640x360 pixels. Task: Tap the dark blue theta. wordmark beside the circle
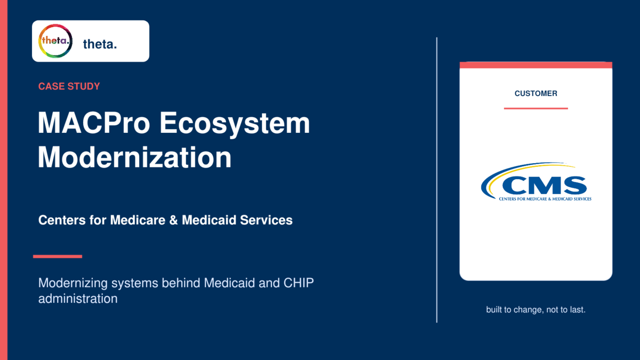100,44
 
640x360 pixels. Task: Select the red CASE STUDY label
69,86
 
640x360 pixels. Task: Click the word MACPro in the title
94,123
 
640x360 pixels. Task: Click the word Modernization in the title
134,157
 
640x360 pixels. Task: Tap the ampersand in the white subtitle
173,220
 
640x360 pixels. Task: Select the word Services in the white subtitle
266,220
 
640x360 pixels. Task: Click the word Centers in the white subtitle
62,220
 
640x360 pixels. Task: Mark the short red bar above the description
58,257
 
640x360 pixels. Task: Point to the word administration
78,299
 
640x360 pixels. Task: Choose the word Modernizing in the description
73,283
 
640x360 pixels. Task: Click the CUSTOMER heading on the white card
535,93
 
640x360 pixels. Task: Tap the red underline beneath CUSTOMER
535,109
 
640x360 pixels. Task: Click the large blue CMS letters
545,185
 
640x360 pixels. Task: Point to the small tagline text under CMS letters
545,199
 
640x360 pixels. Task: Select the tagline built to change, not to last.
535,310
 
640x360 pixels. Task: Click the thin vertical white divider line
437,180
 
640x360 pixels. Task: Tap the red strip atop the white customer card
535,65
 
